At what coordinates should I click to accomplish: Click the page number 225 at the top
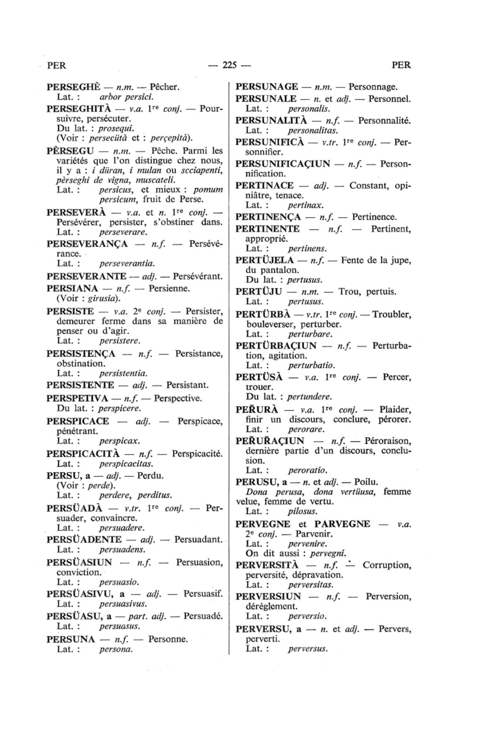point(229,65)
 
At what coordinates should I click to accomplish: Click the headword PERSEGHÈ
point(74,87)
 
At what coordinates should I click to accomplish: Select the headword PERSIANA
point(72,288)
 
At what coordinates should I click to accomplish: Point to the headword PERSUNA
point(71,639)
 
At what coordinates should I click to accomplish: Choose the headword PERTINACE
point(264,185)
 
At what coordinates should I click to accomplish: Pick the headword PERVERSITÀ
point(267,565)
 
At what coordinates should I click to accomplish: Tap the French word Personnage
point(373,87)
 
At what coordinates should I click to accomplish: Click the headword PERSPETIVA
point(78,398)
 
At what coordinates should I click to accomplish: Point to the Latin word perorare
point(306,429)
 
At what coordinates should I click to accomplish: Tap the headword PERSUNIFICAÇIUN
point(283,164)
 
